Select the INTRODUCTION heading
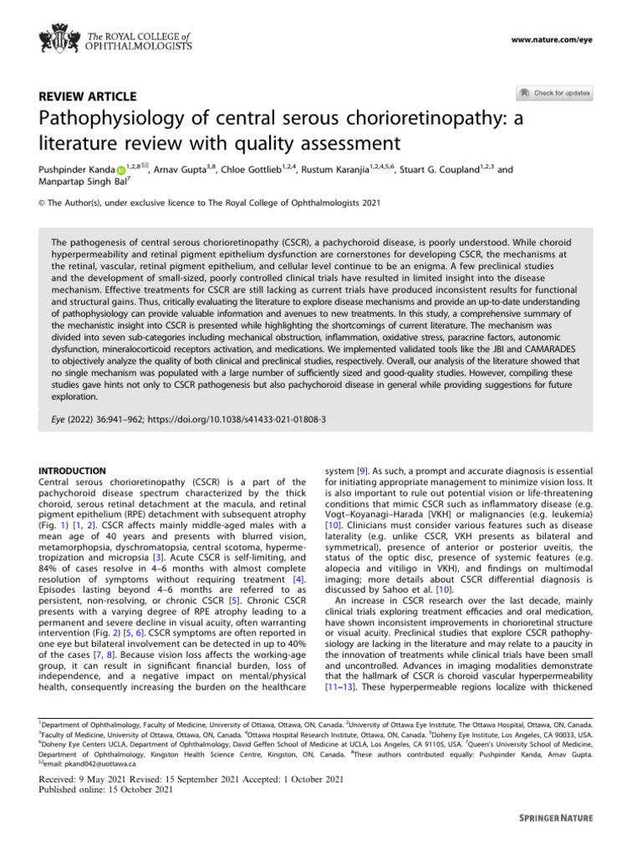[x=73, y=471]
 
